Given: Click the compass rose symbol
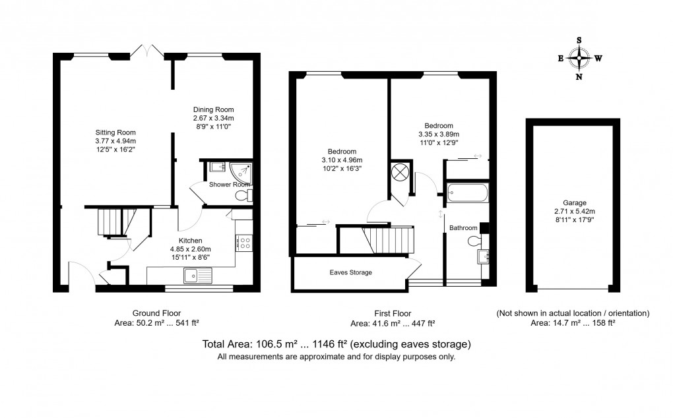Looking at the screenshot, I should (579, 58).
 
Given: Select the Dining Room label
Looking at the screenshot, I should (213, 109).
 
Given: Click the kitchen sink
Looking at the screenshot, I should (197, 275).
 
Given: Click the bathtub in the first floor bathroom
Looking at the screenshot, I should (467, 194).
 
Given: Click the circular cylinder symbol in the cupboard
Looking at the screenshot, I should (400, 173).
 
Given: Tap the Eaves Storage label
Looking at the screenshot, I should (351, 272).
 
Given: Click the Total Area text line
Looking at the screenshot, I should (336, 344).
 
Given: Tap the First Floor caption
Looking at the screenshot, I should (392, 313).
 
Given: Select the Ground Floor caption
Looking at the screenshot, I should (157, 313).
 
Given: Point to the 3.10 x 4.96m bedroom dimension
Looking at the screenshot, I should (342, 160).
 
